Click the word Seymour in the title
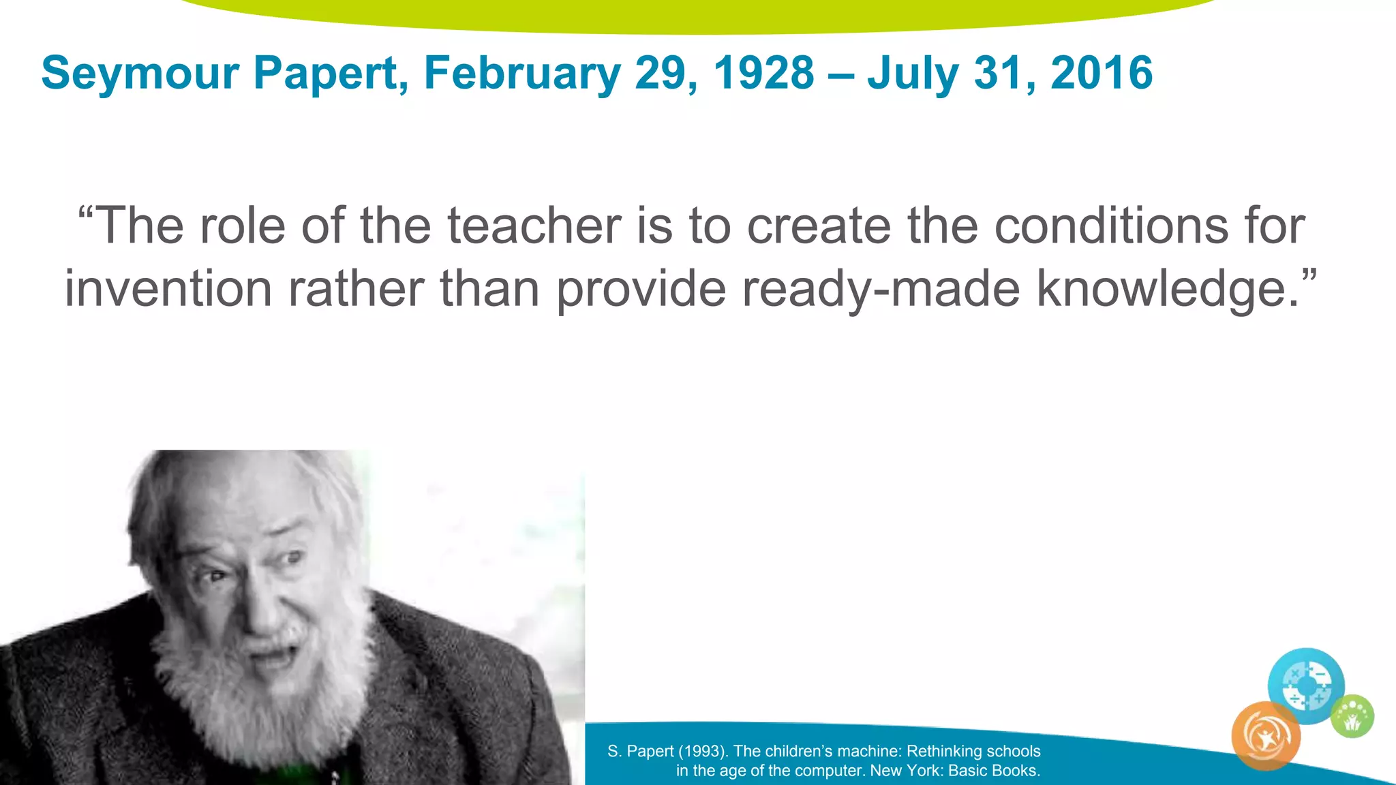click(140, 73)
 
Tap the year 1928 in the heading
click(763, 73)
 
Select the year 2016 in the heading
click(1102, 73)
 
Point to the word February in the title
click(521, 73)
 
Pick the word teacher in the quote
click(534, 226)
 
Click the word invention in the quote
click(168, 288)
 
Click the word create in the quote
click(819, 226)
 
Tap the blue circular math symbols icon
click(1305, 685)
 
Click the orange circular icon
click(1266, 737)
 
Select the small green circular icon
click(1352, 716)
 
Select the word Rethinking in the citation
click(945, 751)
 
